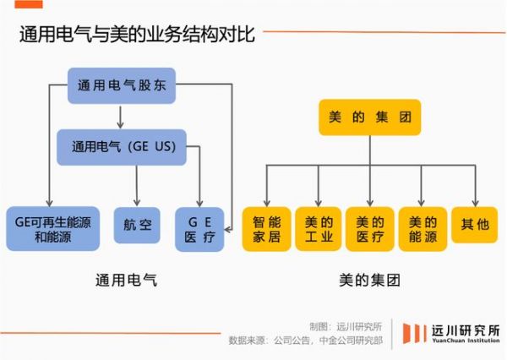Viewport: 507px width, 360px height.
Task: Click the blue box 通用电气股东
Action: [122, 85]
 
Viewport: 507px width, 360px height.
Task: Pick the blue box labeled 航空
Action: [137, 226]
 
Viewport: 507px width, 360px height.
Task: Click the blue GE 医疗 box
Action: [199, 228]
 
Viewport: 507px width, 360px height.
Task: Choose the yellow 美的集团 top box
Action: [369, 117]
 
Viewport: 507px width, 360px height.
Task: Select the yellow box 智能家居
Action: [266, 229]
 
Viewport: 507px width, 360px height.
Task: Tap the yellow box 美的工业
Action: [318, 229]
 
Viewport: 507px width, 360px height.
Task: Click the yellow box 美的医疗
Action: [370, 229]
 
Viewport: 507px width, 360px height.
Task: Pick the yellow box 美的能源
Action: [422, 229]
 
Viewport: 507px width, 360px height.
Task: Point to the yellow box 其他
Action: [474, 224]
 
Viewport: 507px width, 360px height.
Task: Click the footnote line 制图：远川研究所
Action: [346, 325]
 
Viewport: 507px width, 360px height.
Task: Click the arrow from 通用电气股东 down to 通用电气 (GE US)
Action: [122, 114]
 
